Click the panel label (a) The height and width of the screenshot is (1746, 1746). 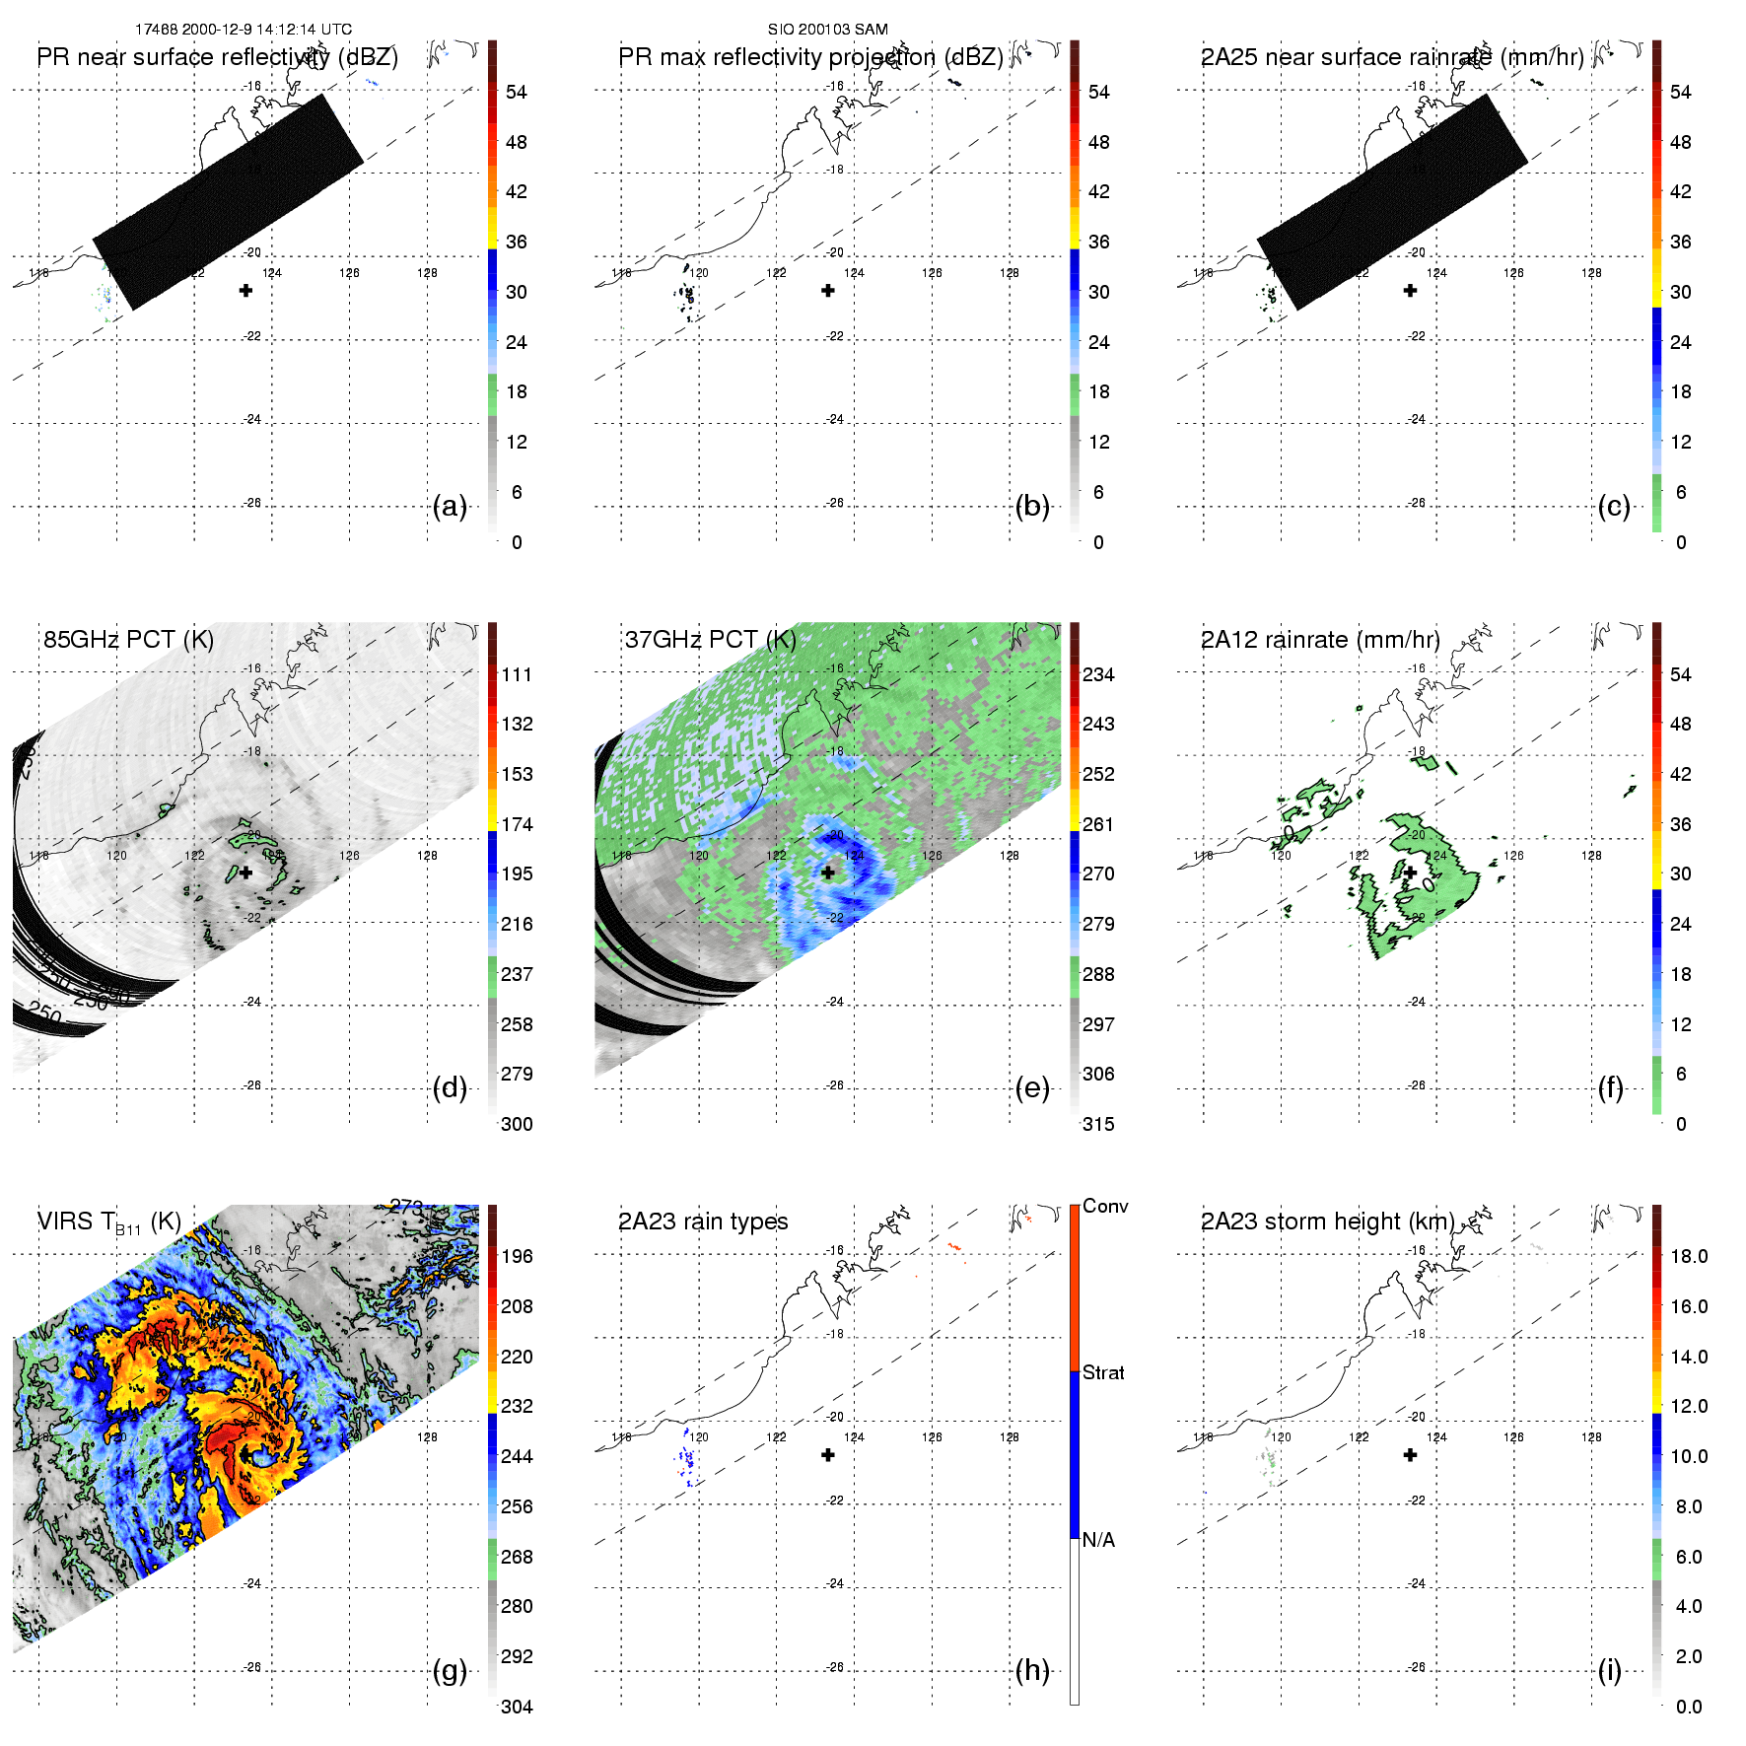point(450,507)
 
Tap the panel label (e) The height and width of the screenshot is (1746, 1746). point(1032,1088)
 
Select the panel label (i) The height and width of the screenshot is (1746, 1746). point(1610,1670)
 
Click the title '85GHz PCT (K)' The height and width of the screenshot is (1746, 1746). point(128,639)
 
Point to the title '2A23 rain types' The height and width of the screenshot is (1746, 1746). point(703,1222)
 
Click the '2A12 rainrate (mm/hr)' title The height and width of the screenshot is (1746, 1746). point(1320,639)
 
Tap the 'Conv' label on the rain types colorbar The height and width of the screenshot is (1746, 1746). point(1105,1206)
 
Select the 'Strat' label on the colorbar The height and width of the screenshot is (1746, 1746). point(1103,1372)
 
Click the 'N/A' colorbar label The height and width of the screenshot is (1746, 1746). point(1098,1540)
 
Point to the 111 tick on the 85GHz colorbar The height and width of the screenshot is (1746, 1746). point(517,674)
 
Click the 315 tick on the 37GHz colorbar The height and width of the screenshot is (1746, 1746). point(1098,1124)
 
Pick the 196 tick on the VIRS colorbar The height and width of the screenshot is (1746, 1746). point(517,1256)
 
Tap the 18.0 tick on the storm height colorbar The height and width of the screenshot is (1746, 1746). point(1689,1256)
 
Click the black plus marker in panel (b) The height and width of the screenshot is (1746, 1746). point(828,290)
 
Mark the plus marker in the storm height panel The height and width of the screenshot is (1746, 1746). point(1410,1454)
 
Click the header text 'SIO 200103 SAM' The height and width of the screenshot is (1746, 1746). point(828,30)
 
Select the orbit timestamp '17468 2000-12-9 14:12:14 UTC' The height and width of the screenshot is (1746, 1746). point(244,30)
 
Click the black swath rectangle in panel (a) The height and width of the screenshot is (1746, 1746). point(228,202)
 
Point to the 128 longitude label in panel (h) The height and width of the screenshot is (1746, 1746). point(1009,1436)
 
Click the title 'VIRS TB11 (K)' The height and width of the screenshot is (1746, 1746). point(109,1222)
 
